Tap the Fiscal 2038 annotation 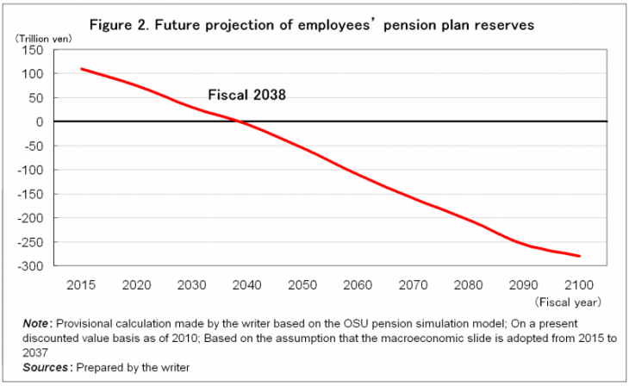tap(246, 96)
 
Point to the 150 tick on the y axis tap(33, 50)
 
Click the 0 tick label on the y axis tap(40, 122)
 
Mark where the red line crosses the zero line tap(239, 121)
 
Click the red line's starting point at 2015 tap(81, 69)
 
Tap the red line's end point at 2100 tap(580, 256)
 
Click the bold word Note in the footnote tap(38, 323)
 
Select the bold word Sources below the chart tap(47, 367)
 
